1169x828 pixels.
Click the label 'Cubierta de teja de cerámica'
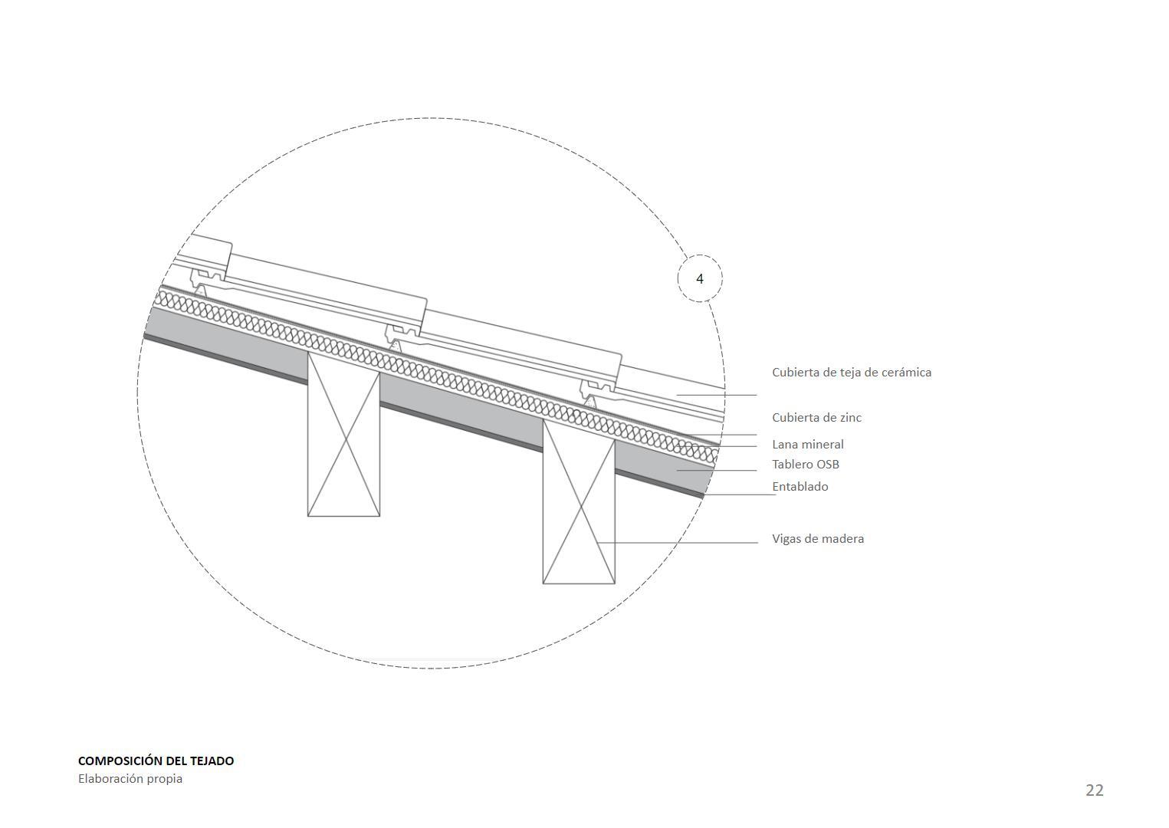(x=851, y=373)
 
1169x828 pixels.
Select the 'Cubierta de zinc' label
(x=816, y=418)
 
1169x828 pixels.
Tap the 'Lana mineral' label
(x=807, y=445)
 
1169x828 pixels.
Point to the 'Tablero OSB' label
(x=805, y=465)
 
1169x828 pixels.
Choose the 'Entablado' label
(x=800, y=487)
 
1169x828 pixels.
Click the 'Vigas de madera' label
(x=817, y=539)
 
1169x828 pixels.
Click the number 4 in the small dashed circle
(x=699, y=279)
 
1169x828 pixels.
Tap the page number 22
(x=1094, y=790)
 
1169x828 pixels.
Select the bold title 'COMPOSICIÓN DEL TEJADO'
(x=156, y=761)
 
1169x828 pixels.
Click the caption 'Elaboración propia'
(x=130, y=779)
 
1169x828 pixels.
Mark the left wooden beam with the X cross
(x=343, y=441)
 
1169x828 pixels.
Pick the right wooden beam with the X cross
(x=579, y=506)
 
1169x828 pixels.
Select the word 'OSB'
(x=826, y=465)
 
